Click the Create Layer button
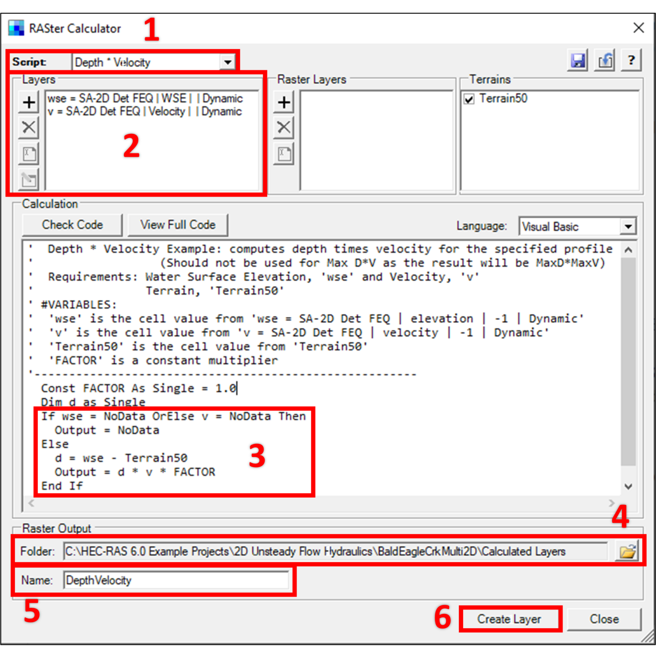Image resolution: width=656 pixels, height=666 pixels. [509, 619]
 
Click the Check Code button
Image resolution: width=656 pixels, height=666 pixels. [72, 225]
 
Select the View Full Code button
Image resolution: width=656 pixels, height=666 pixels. [178, 225]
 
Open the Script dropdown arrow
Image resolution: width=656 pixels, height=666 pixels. [228, 62]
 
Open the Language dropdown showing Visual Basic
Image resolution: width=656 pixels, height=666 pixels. [628, 227]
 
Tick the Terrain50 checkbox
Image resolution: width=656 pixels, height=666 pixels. [469, 99]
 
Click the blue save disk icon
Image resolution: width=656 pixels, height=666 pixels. [578, 61]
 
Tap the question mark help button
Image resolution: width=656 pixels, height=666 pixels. [631, 61]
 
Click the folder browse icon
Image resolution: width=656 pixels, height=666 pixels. [627, 551]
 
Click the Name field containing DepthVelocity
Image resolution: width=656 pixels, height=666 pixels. [176, 580]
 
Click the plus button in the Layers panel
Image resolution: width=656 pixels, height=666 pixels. [29, 102]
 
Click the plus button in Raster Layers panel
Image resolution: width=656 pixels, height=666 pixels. [284, 102]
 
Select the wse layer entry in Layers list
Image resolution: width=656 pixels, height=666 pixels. [145, 99]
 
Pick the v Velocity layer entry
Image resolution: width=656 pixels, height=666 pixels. [144, 111]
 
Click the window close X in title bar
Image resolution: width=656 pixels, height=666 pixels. [638, 28]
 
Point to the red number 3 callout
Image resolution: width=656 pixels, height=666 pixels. [257, 456]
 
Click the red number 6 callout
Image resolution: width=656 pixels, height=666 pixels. [442, 618]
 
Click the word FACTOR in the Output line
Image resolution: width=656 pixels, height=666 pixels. [194, 472]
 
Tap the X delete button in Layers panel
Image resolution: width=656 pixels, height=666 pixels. [29, 127]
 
